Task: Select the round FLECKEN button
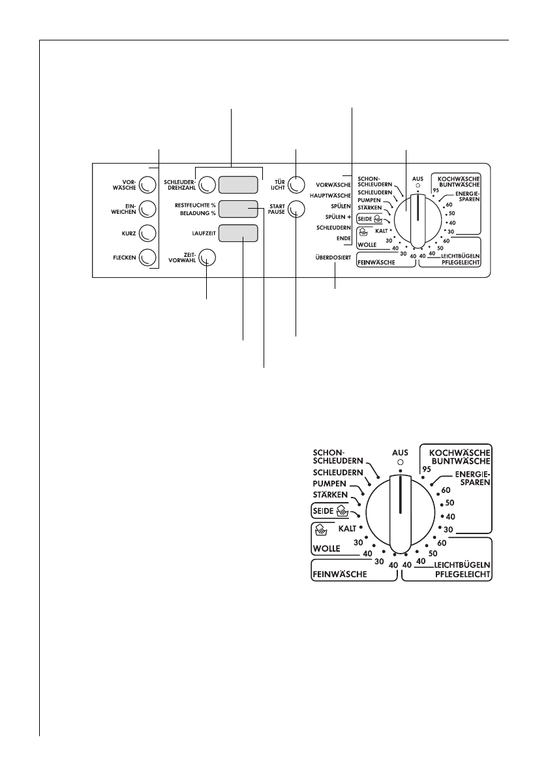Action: (x=147, y=257)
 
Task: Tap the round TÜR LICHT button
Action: (x=297, y=185)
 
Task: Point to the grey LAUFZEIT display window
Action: (x=238, y=233)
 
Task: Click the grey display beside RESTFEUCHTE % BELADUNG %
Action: (x=238, y=209)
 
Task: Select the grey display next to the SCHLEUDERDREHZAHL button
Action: (x=238, y=185)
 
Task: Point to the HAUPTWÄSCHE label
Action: (x=331, y=195)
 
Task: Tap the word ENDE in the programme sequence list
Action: (x=344, y=239)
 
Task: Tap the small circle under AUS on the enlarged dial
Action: (x=400, y=462)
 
